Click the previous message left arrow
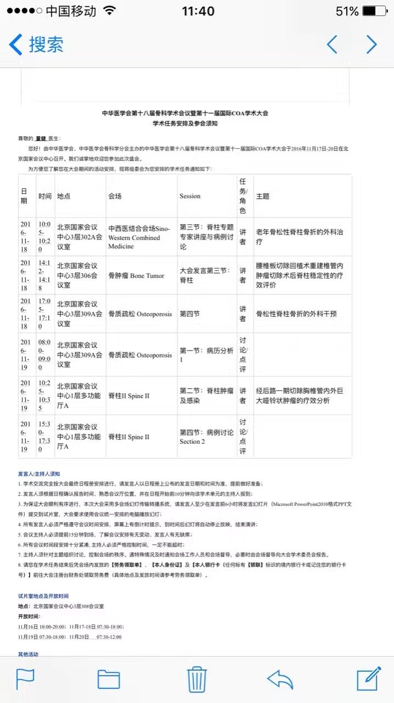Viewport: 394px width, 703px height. click(x=332, y=44)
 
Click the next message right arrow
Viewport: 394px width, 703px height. click(x=372, y=44)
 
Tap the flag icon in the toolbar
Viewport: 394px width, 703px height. click(x=26, y=679)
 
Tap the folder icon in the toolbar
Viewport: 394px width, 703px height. click(x=109, y=679)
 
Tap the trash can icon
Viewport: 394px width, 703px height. click(x=196, y=679)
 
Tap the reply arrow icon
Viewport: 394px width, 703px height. click(x=280, y=679)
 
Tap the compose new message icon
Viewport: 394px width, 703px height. click(x=369, y=679)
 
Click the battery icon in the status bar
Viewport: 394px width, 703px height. click(x=378, y=11)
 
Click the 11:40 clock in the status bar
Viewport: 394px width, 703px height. click(x=198, y=11)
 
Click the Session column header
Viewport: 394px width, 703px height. click(x=190, y=196)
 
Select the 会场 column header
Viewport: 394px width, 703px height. click(x=115, y=196)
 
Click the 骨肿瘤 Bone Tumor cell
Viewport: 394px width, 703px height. click(x=136, y=276)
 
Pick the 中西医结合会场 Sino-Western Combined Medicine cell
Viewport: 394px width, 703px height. click(x=139, y=237)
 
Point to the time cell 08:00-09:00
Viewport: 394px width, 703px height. click(x=44, y=353)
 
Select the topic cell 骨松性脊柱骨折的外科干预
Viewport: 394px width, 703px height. click(x=296, y=314)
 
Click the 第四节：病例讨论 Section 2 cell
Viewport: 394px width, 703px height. click(x=206, y=437)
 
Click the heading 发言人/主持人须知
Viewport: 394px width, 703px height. click(x=39, y=473)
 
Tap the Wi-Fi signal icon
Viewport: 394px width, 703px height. click(x=110, y=11)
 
